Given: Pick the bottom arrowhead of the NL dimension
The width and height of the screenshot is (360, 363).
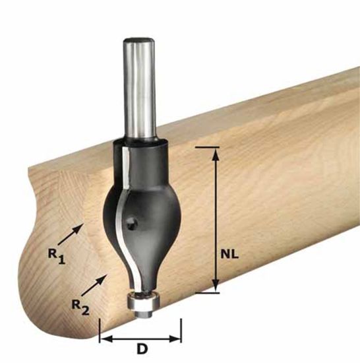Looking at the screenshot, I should click(216, 286).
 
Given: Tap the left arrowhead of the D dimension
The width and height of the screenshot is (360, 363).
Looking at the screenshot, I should click(104, 339).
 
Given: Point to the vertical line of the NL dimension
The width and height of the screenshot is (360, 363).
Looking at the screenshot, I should click(216, 218).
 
